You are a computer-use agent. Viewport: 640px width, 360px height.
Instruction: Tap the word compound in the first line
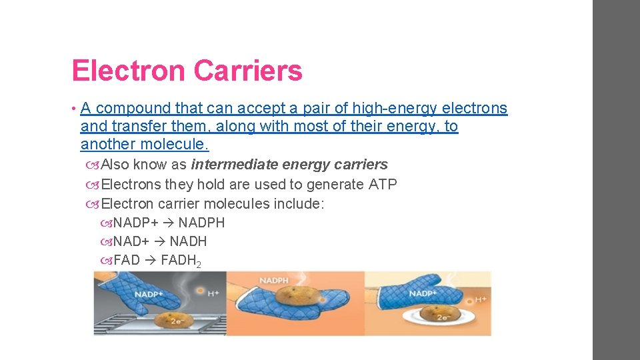[133, 108]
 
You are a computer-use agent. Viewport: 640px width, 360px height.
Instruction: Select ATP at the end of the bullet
[382, 184]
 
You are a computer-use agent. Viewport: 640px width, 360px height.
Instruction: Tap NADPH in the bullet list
[201, 223]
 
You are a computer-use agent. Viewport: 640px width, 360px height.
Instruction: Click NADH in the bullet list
[188, 241]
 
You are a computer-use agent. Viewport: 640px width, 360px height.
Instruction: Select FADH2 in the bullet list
[181, 261]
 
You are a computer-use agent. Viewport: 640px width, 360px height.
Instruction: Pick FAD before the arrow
[127, 260]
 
